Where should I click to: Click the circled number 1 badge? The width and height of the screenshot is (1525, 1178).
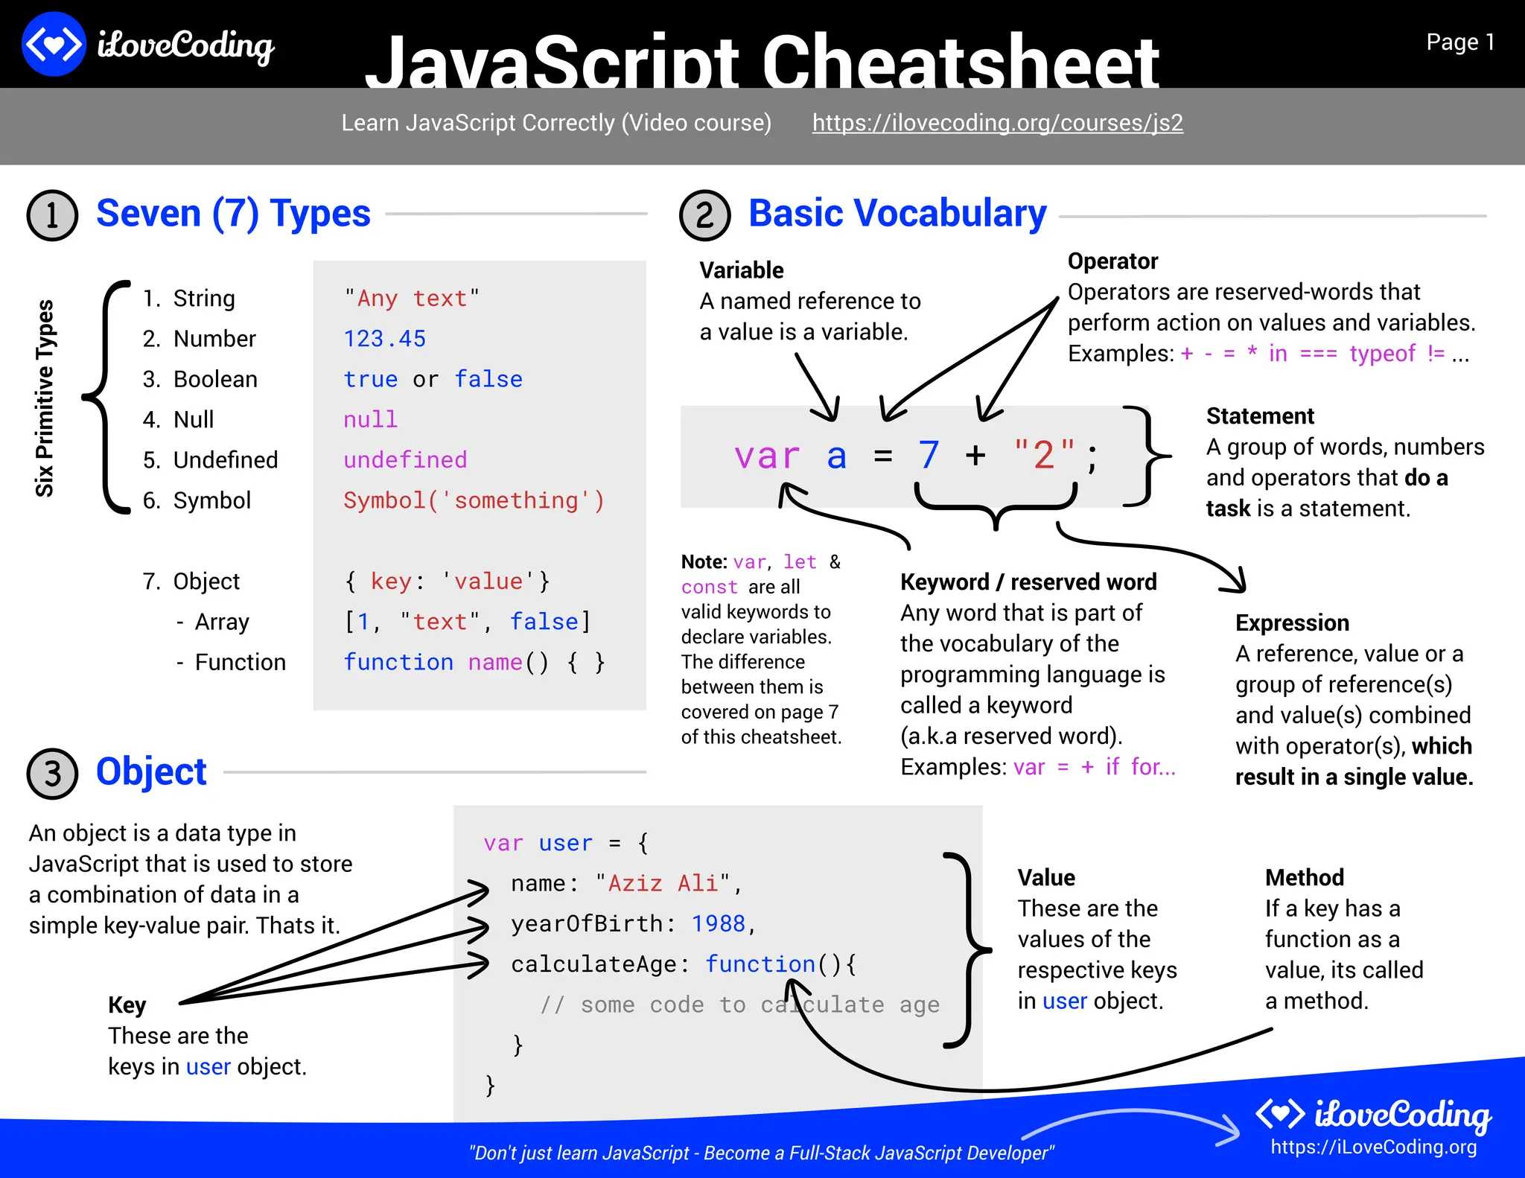pos(52,215)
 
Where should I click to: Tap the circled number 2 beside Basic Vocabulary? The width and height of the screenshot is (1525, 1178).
pos(704,215)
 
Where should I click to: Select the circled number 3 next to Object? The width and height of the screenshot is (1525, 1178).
pos(52,774)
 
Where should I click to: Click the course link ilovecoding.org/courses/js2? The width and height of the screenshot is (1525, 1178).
pos(997,123)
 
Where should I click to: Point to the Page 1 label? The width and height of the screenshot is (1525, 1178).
pos(1459,42)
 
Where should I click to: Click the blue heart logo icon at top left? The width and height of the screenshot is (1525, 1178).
pos(54,44)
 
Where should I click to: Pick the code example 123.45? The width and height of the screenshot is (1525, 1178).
pos(384,339)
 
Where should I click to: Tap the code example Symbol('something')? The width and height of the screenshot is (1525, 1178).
pos(474,500)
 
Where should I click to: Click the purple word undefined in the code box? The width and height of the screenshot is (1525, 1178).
pos(405,460)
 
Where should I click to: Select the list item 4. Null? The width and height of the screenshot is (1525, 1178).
pos(179,420)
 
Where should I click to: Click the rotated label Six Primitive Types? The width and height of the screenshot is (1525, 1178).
pos(45,398)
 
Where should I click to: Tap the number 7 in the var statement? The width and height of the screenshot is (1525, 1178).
pos(928,455)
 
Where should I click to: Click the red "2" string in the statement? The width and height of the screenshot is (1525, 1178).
pos(1044,455)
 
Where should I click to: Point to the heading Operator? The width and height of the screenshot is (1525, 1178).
pos(1112,261)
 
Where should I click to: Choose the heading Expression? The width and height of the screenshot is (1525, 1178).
pos(1292,623)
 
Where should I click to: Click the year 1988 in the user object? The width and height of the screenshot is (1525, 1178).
pos(718,924)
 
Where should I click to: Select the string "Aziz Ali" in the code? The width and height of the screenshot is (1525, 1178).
pos(662,884)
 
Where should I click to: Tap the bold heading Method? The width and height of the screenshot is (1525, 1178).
pos(1304,878)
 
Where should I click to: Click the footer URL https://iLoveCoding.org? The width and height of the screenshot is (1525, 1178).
pos(1373,1147)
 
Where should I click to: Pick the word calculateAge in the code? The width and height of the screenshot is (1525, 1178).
pos(593,965)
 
